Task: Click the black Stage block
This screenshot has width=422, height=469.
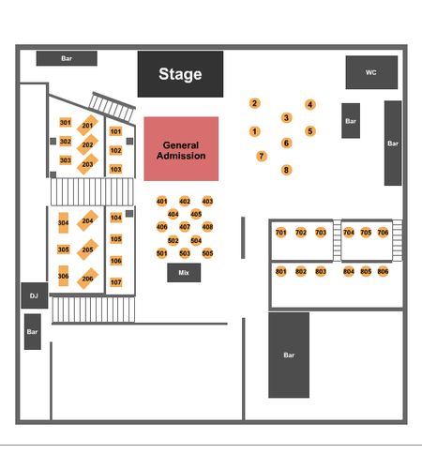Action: click(180, 74)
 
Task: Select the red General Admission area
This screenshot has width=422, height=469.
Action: click(181, 149)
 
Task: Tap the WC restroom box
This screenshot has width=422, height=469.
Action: click(371, 72)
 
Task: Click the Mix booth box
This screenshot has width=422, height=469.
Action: click(184, 273)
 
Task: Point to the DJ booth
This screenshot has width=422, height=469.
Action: click(35, 295)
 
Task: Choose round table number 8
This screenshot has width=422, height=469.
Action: click(286, 170)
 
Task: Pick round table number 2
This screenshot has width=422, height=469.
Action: click(254, 103)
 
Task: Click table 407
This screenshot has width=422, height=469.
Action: click(185, 227)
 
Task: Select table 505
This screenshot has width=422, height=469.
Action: click(207, 253)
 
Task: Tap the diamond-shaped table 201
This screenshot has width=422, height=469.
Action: click(87, 126)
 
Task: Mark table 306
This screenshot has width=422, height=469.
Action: click(64, 276)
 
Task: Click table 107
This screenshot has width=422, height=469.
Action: click(116, 282)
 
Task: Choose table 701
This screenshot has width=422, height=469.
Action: click(281, 233)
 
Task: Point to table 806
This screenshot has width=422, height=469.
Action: click(383, 271)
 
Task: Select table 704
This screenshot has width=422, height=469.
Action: click(349, 233)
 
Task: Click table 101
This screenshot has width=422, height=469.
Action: click(115, 131)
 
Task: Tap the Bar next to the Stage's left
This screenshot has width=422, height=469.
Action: click(67, 58)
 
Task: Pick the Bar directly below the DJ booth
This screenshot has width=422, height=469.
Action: click(33, 332)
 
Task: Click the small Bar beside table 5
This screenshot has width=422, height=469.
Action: click(351, 121)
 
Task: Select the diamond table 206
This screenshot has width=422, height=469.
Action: click(87, 279)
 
